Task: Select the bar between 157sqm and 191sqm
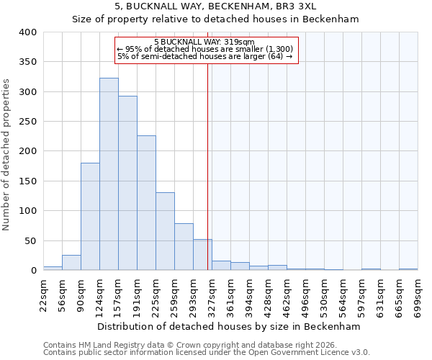pos(127,184)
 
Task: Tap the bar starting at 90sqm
pos(90,217)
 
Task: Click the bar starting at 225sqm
pos(165,231)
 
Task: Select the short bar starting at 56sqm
pos(71,263)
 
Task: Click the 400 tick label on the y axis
pos(27,32)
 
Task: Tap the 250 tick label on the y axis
pos(27,122)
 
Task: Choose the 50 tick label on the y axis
pos(30,241)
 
